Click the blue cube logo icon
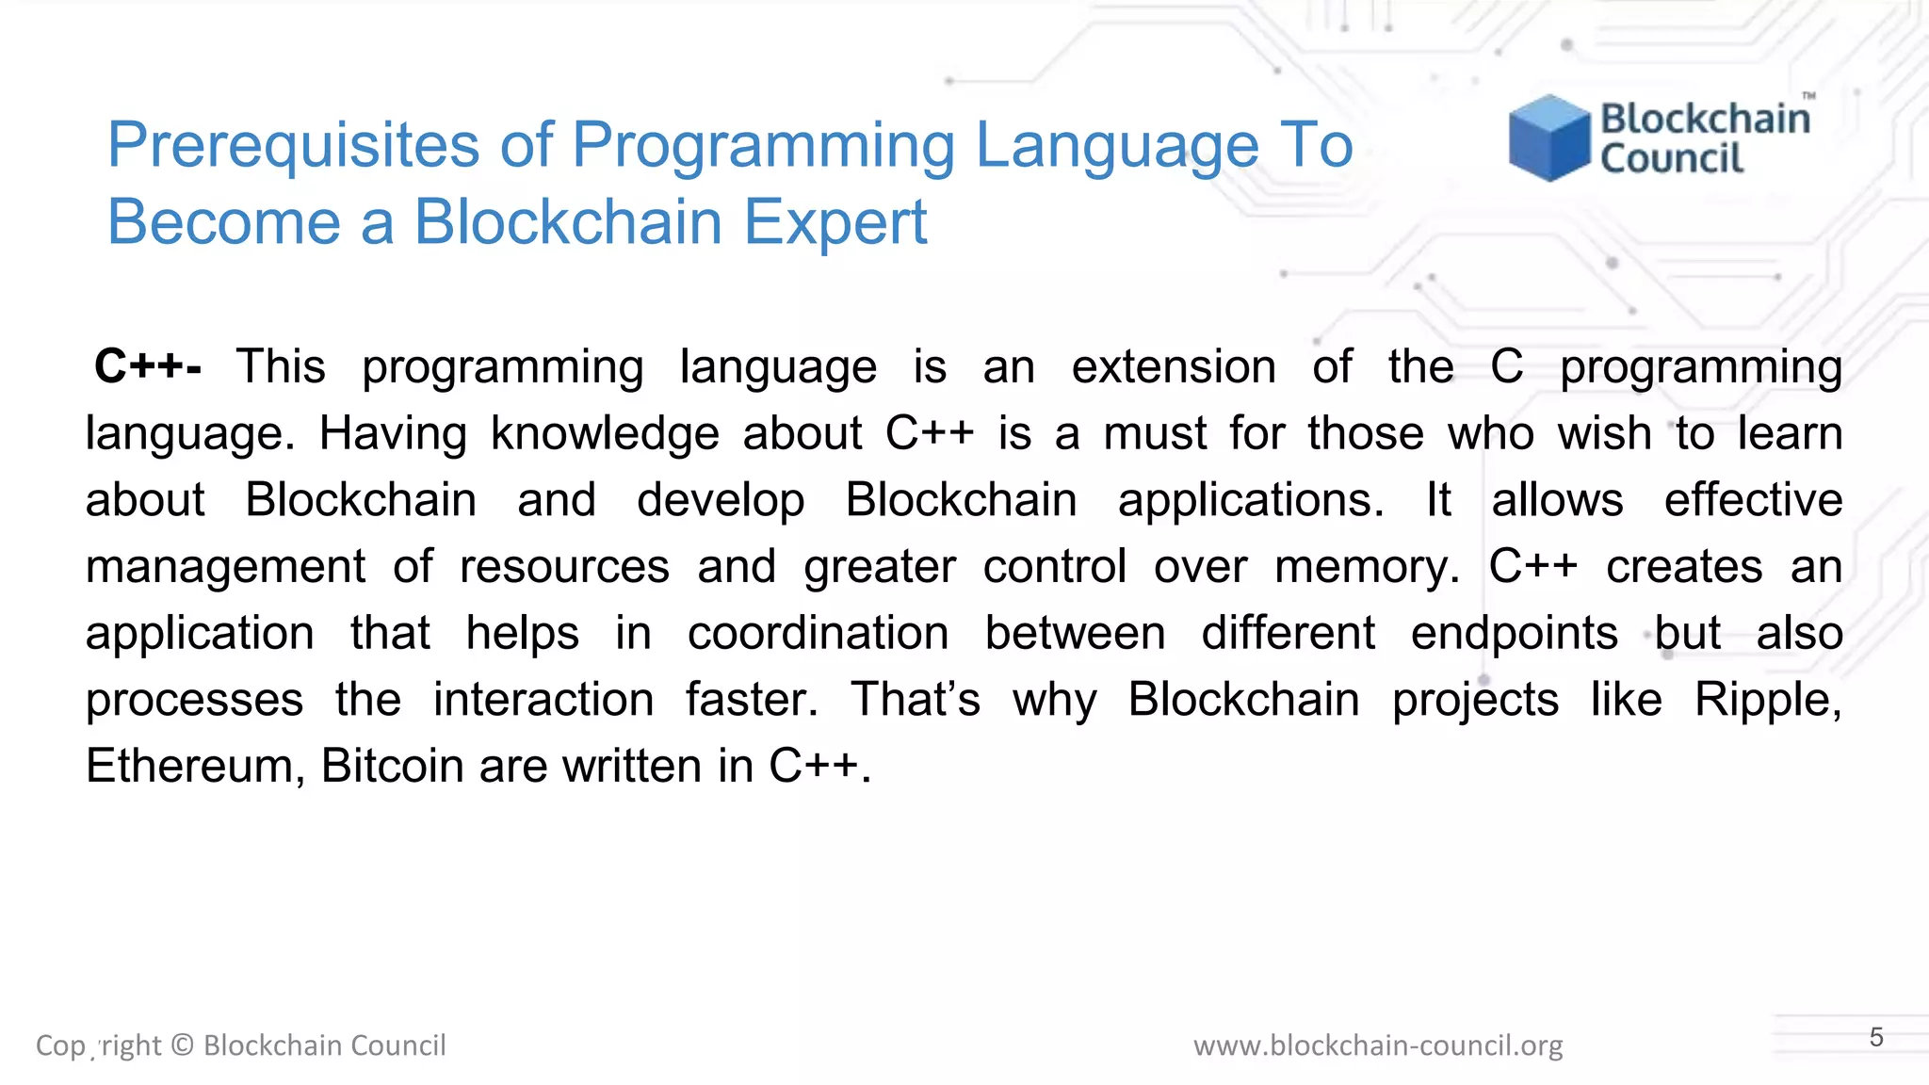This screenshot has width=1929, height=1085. pyautogui.click(x=1548, y=138)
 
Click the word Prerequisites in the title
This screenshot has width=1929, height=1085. pyautogui.click(x=293, y=146)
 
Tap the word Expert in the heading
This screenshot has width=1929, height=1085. pyautogui.click(x=835, y=222)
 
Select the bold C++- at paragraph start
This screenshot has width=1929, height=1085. pyautogui.click(x=148, y=366)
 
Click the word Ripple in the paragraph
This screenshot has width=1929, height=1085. pyautogui.click(x=1766, y=701)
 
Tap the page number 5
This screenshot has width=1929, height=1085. pyautogui.click(x=1876, y=1038)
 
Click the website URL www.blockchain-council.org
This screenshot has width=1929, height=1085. pyautogui.click(x=1377, y=1045)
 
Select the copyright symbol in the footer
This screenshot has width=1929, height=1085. pyautogui.click(x=183, y=1045)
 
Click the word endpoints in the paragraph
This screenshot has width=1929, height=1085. pyautogui.click(x=1514, y=634)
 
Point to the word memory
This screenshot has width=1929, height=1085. pyautogui.click(x=1366, y=568)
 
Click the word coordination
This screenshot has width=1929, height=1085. pyautogui.click(x=818, y=634)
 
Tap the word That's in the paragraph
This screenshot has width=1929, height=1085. pyautogui.click(x=915, y=700)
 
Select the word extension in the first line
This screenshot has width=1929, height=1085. pyautogui.click(x=1173, y=367)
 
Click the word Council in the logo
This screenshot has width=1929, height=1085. pyautogui.click(x=1672, y=159)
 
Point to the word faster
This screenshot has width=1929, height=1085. pyautogui.click(x=751, y=700)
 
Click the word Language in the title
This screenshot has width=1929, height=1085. pyautogui.click(x=1116, y=146)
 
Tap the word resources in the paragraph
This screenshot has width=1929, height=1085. pyautogui.click(x=564, y=568)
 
